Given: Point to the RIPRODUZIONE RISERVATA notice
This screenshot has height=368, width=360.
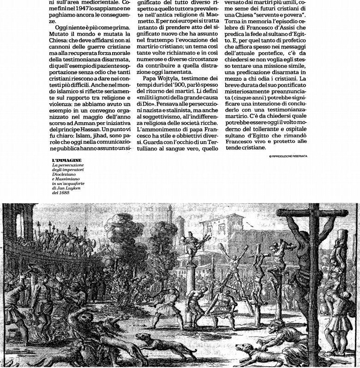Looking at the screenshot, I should pos(288,156).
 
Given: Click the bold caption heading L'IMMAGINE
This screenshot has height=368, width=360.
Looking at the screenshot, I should pos(66,160).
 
